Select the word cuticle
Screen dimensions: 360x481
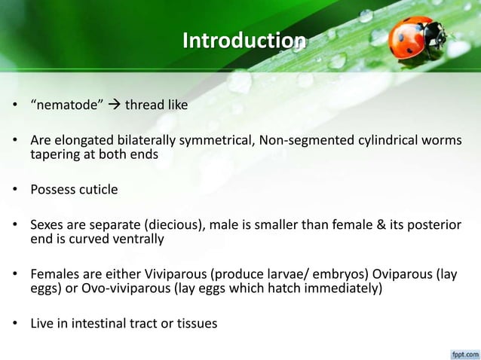(x=98, y=189)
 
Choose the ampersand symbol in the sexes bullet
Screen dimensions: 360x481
(x=365, y=224)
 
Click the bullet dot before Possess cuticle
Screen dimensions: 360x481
(x=14, y=190)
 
